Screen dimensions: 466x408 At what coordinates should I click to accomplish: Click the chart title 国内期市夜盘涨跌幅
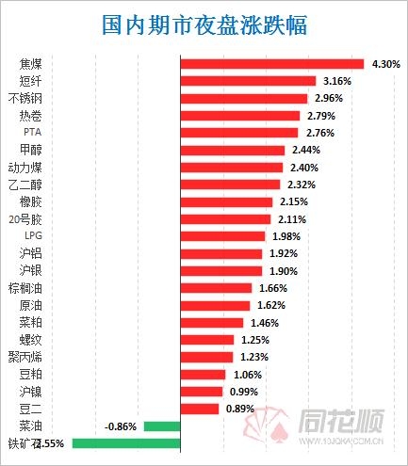(x=204, y=24)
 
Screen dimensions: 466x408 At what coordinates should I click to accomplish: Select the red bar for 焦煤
(x=271, y=64)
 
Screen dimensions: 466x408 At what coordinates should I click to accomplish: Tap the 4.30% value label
(x=386, y=64)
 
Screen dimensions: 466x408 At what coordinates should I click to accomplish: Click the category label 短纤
(x=30, y=81)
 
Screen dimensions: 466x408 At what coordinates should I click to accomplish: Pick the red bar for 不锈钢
(x=243, y=98)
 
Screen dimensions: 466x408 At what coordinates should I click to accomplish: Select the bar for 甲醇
(x=232, y=150)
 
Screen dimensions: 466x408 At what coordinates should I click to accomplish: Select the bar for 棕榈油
(x=216, y=288)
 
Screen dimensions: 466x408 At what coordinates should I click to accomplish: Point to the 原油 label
(x=30, y=305)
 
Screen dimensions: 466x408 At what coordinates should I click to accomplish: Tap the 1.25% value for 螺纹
(x=254, y=340)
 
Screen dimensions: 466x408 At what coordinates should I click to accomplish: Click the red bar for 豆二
(x=199, y=409)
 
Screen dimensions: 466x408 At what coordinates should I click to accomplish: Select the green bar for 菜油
(x=161, y=426)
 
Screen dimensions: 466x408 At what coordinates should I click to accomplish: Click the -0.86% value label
(x=122, y=426)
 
